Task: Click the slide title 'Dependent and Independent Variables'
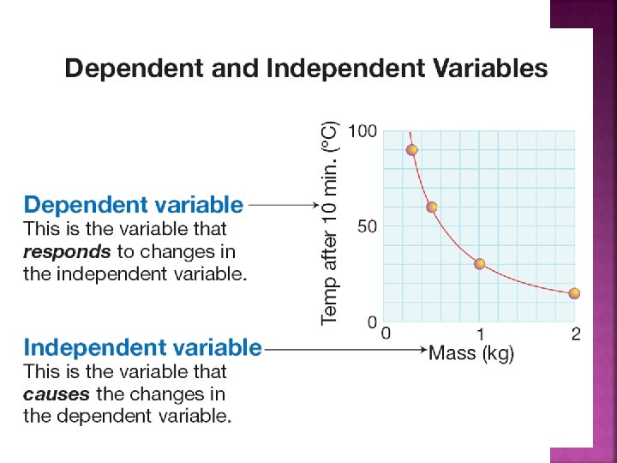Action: [306, 69]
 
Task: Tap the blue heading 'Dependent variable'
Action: [134, 205]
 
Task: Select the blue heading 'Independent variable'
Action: [142, 347]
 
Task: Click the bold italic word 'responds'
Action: [67, 252]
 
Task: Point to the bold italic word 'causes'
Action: [57, 394]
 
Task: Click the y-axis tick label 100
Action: [362, 131]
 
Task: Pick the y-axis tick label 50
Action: [367, 226]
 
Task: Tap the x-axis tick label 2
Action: [576, 334]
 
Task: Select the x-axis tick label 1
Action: [480, 334]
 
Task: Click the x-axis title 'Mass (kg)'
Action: [471, 352]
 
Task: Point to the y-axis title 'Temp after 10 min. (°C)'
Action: [330, 224]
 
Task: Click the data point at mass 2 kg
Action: [574, 293]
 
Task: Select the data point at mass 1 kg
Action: [479, 264]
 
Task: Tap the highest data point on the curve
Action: [411, 150]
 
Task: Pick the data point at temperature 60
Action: [432, 207]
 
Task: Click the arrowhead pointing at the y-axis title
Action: [315, 205]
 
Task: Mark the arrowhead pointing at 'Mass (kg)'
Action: [424, 349]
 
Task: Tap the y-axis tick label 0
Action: [372, 322]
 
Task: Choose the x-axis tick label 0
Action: [386, 334]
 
